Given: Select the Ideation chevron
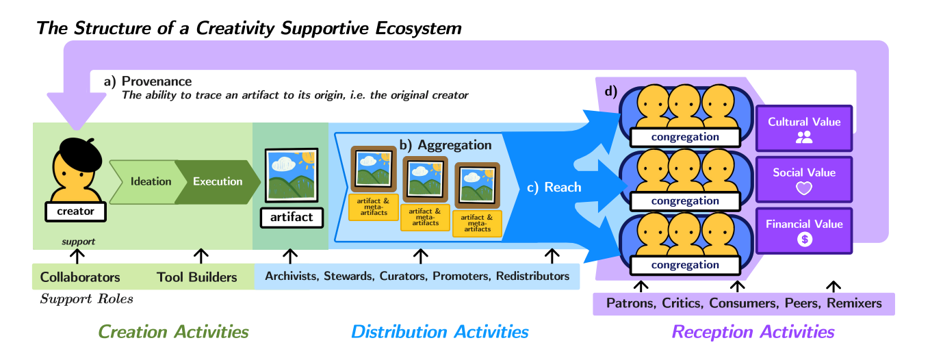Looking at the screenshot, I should [x=149, y=181].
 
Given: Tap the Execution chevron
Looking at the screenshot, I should [x=216, y=181].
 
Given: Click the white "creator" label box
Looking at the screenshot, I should [x=75, y=211].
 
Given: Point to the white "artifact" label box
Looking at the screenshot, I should [x=291, y=217].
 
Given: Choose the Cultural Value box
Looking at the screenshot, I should [x=804, y=128].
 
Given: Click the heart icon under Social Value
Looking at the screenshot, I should [x=804, y=188].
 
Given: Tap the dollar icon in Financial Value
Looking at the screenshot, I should [x=804, y=240].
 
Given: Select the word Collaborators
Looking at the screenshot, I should [x=80, y=277].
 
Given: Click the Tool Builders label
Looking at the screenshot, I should [x=196, y=277].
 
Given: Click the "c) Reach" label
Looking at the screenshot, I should [x=554, y=187].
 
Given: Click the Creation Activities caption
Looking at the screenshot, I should [x=173, y=333].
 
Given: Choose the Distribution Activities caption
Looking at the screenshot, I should [x=439, y=333].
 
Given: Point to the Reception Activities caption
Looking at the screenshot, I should [x=753, y=333].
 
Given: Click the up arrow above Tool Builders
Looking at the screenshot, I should [x=201, y=256].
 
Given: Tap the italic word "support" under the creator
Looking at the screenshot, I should [x=78, y=242].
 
